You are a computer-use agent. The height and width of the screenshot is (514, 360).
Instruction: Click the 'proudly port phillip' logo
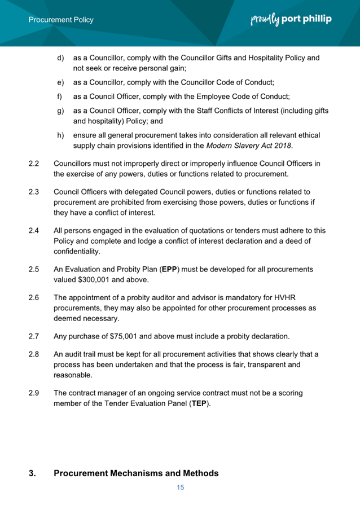tap(291, 19)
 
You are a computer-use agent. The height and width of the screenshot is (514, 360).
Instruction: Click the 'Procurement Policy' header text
tap(62, 20)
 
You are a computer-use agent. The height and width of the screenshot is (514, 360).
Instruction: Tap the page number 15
tap(181, 487)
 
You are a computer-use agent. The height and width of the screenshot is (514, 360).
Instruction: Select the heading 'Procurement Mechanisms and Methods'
tap(136, 473)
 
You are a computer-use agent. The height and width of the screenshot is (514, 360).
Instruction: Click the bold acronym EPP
tap(169, 269)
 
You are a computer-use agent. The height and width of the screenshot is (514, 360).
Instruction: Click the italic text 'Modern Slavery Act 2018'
tap(249, 146)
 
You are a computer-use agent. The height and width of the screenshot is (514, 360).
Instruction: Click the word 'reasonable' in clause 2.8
tap(73, 375)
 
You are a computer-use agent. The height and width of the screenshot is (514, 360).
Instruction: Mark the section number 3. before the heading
tap(32, 473)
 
